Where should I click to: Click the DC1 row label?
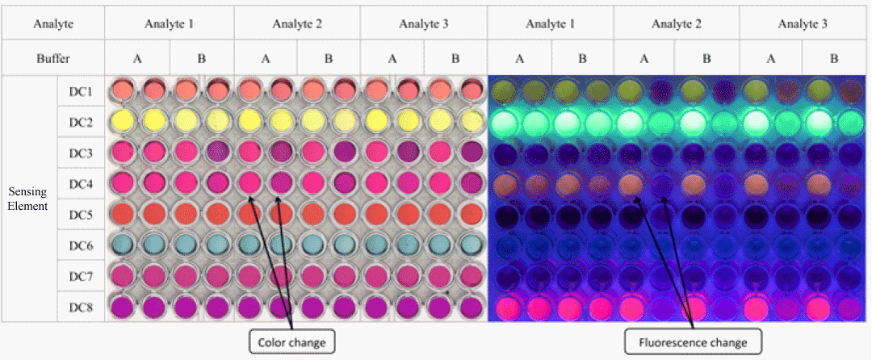point(81,92)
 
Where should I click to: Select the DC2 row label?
point(81,123)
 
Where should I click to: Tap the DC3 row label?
point(81,153)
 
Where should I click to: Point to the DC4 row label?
point(81,184)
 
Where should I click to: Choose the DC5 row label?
point(81,215)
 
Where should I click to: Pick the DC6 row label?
point(81,245)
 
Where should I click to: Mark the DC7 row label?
point(81,276)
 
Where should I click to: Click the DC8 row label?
point(81,307)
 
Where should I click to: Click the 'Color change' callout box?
point(291,342)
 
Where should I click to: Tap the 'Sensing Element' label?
point(28,199)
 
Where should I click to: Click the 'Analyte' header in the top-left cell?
point(53,24)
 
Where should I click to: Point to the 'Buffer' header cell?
point(53,59)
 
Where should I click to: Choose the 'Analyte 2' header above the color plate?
point(297,24)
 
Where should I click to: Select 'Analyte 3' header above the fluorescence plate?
point(803,24)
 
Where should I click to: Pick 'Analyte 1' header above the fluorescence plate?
point(550,24)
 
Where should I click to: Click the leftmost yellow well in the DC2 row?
point(122,121)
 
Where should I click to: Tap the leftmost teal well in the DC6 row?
point(122,245)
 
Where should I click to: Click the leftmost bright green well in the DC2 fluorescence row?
point(505,123)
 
